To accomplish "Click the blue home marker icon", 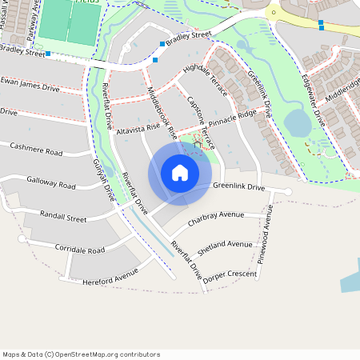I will tap(180, 173).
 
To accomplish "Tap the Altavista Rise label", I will tap(138, 127).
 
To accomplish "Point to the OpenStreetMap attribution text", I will tap(81, 354).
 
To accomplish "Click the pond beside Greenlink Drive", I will tap(297, 122).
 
